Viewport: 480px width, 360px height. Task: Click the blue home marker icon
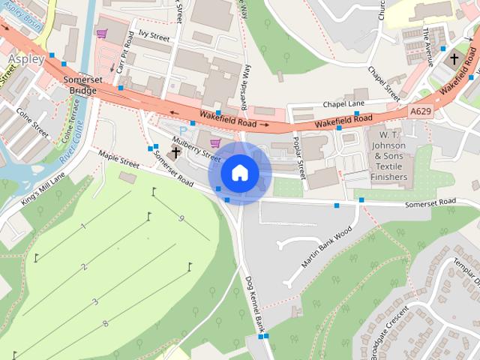(x=238, y=173)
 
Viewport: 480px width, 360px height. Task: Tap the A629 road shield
(x=421, y=111)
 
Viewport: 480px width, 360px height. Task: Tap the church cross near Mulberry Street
(x=176, y=153)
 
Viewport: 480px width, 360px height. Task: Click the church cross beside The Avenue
(x=454, y=58)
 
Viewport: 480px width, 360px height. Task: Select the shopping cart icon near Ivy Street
(x=102, y=34)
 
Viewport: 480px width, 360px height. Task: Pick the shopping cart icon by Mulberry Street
(x=215, y=142)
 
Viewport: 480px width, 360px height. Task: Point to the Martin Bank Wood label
(x=326, y=248)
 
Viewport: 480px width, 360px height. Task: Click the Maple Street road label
(x=120, y=158)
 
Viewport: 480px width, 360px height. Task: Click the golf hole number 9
(x=181, y=218)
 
